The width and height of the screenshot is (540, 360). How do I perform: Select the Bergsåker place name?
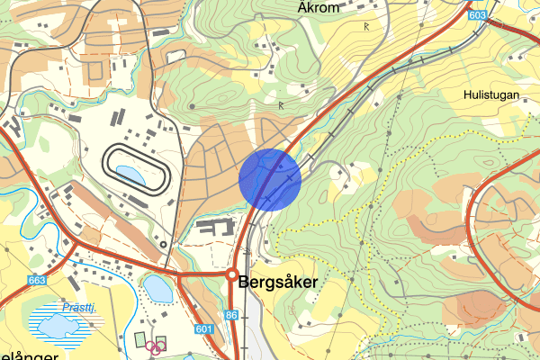pyautogui.click(x=278, y=282)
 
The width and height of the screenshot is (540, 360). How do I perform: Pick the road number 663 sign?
pyautogui.click(x=37, y=280)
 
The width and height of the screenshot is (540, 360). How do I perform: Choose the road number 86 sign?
pyautogui.click(x=232, y=316)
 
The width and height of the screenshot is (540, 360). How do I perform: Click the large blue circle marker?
pyautogui.click(x=270, y=178)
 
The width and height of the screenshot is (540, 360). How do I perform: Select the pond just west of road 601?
pyautogui.click(x=157, y=289)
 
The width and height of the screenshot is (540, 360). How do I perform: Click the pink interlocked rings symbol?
pyautogui.click(x=157, y=346)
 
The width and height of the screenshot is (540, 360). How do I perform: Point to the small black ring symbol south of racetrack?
pyautogui.click(x=160, y=243)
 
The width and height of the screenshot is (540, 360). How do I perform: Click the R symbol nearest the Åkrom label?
pyautogui.click(x=366, y=26)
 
